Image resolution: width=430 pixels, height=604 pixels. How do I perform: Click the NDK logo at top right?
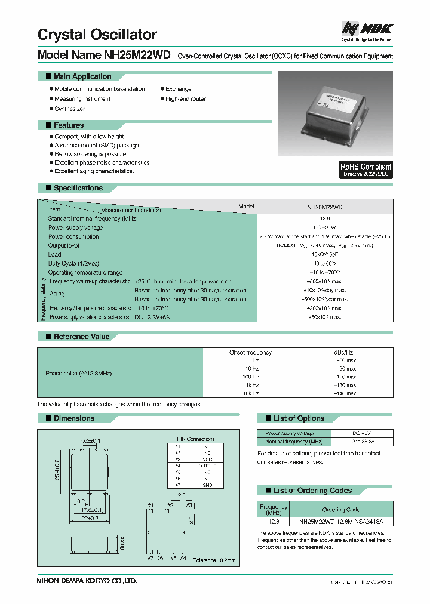[x=366, y=29]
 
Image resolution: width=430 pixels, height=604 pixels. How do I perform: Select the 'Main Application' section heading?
[x=82, y=76]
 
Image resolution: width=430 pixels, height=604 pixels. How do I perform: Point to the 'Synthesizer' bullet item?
[x=69, y=109]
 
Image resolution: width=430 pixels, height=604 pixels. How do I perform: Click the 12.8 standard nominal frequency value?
[x=324, y=218]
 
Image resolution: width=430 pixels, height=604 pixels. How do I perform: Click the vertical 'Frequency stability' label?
[x=43, y=299]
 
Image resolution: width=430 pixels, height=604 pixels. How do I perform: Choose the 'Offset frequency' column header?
[x=250, y=353]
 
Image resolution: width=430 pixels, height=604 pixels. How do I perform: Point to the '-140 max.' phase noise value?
[x=345, y=393]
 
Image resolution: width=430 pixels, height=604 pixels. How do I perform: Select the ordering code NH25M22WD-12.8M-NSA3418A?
[x=341, y=520]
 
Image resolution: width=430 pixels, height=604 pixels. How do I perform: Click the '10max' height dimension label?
[x=122, y=544]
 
